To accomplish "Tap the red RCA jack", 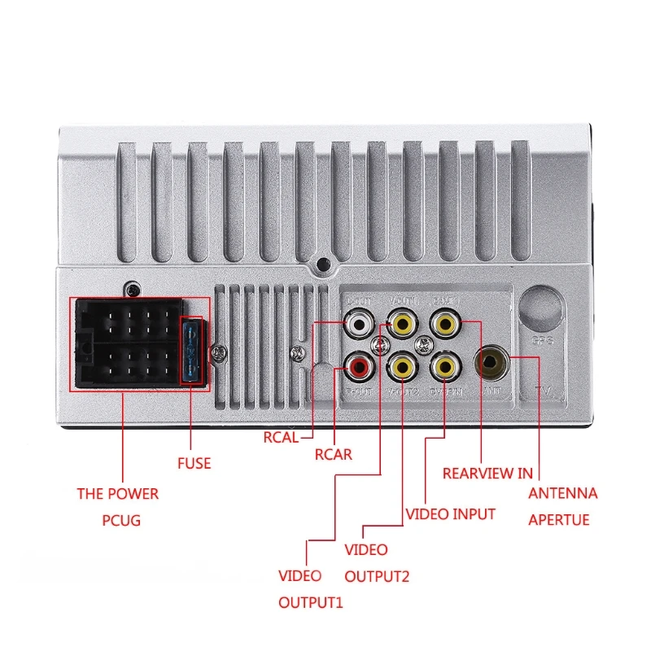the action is coord(358,369).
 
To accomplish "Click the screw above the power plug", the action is coord(132,289).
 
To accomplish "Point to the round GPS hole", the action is coord(540,308).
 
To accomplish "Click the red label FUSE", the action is coord(194,463).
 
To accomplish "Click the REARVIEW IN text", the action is coord(487,473).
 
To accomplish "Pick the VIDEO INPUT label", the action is coord(450,514).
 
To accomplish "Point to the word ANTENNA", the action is coord(563,493).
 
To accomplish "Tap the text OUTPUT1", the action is coord(311,603).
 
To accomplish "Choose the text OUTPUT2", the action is coord(377,577).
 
